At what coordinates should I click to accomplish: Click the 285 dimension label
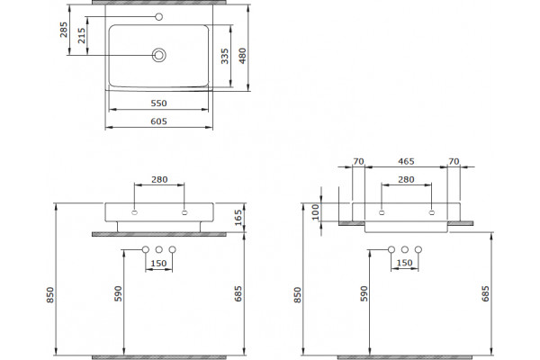point(64,30)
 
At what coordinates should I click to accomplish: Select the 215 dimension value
point(81,35)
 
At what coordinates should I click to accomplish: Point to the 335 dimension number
point(224,56)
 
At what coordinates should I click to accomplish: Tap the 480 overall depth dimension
point(242,56)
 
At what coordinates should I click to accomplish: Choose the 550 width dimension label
point(158,103)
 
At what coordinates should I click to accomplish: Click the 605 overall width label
point(158,121)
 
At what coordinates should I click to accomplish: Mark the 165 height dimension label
point(238,218)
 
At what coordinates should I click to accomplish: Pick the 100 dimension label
point(316,211)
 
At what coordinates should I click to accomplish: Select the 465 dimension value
point(406,161)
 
